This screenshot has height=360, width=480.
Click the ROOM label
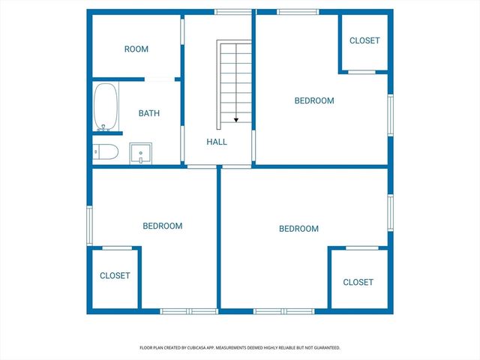point(136,49)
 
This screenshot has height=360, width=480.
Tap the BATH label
point(149,114)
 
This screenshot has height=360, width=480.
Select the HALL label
point(217,142)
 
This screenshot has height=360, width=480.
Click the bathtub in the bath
point(105,106)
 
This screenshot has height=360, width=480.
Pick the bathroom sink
point(140,153)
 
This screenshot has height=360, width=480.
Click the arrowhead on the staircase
point(235,119)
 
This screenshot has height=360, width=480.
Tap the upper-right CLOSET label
point(364,40)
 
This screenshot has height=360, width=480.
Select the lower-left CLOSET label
point(115,276)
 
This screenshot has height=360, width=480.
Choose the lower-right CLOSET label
point(358,283)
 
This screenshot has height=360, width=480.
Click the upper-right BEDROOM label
point(313,100)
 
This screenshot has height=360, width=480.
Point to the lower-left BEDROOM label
point(162,226)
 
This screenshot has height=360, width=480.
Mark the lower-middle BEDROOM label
point(298,229)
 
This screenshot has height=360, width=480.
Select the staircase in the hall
point(235,82)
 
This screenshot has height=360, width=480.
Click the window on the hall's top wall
point(233,11)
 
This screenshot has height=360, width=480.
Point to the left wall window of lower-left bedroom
point(89,225)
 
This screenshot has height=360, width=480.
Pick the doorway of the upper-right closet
point(362,72)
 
